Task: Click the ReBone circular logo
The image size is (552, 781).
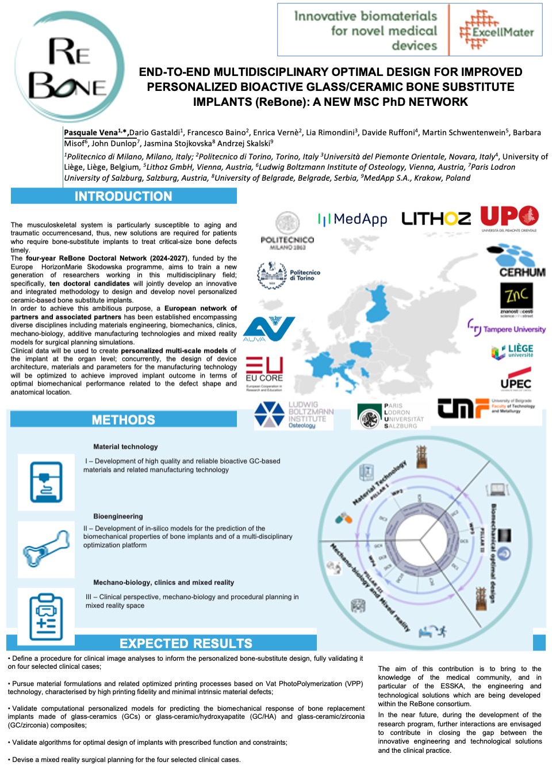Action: click(69, 66)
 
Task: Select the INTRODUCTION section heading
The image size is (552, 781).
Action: click(123, 196)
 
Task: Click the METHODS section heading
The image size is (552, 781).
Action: click(123, 420)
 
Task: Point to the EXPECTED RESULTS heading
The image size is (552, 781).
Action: click(186, 643)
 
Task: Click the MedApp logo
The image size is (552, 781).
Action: click(352, 219)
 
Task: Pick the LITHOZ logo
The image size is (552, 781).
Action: click(436, 219)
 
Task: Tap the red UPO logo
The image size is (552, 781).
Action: click(509, 218)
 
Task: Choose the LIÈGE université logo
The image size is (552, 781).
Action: click(513, 352)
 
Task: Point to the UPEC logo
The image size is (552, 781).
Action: click(515, 383)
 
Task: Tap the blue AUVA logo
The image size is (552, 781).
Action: click(268, 329)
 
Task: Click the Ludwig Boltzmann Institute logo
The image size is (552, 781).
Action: click(293, 415)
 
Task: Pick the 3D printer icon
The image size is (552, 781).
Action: click(46, 482)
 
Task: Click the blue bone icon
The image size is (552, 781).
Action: click(46, 549)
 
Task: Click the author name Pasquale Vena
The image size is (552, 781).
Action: click(91, 132)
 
